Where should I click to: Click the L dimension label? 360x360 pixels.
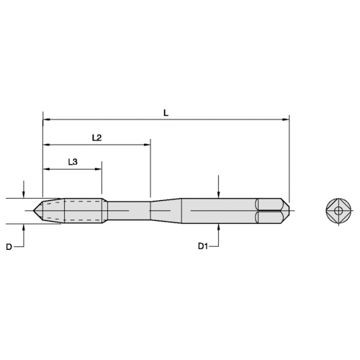pyautogui.click(x=166, y=113)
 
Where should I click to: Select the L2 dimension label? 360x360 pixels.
pyautogui.click(x=97, y=138)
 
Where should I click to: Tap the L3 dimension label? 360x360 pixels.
pyautogui.click(x=73, y=162)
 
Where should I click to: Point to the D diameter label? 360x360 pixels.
pyautogui.click(x=9, y=247)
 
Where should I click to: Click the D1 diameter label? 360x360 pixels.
pyautogui.click(x=203, y=246)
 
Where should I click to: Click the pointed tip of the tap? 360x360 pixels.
pyautogui.click(x=33, y=211)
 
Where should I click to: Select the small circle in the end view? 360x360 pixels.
pyautogui.click(x=338, y=211)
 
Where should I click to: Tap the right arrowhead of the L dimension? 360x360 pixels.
pyautogui.click(x=286, y=120)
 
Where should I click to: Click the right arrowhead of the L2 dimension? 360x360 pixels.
pyautogui.click(x=147, y=145)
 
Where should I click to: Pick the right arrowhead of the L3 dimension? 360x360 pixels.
pyautogui.click(x=99, y=169)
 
